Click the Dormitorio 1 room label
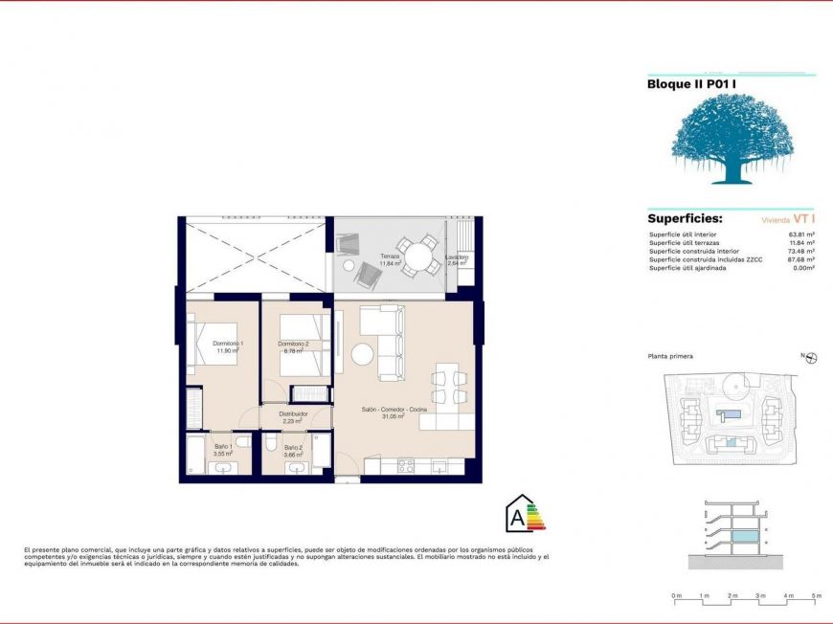tap(228, 344)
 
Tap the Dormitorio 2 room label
tap(293, 344)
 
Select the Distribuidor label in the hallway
tap(293, 414)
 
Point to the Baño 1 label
tap(224, 447)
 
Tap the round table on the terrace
tap(417, 256)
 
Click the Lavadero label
tap(457, 257)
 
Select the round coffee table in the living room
tap(364, 354)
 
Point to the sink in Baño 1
tap(224, 468)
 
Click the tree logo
tap(731, 139)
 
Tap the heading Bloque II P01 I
tap(691, 84)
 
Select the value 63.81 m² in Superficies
tap(800, 234)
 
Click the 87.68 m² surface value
tap(800, 259)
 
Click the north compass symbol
tap(811, 358)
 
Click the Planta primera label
tap(670, 356)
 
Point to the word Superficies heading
tap(685, 218)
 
